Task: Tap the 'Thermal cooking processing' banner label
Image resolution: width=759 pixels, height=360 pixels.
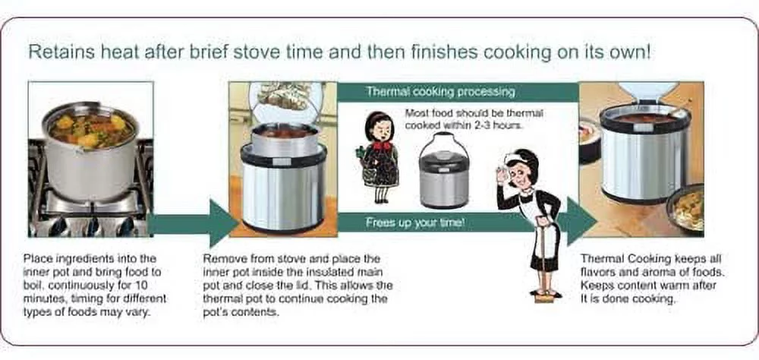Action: tap(440, 91)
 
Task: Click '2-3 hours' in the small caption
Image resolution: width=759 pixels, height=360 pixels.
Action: tap(499, 126)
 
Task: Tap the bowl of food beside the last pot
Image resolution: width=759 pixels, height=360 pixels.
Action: tap(687, 208)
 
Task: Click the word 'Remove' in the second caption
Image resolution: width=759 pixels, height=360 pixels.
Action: tap(223, 259)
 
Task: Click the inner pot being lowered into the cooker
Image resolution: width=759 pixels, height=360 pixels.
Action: tap(284, 137)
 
